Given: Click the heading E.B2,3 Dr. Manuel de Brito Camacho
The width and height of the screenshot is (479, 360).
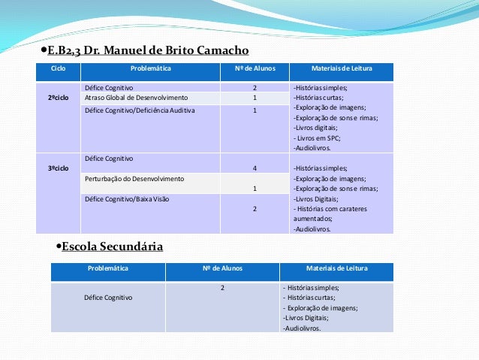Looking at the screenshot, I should pos(147,50).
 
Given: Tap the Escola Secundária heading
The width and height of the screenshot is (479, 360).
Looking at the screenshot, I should pos(112,246).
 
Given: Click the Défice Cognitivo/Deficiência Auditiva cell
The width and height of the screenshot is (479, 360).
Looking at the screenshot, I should pos(140,110).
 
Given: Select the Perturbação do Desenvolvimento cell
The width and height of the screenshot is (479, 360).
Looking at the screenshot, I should pos(134,179).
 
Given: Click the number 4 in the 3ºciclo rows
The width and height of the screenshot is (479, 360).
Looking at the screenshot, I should pos(255,168).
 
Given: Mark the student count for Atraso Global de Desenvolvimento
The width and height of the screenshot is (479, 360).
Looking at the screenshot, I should pos(255,98).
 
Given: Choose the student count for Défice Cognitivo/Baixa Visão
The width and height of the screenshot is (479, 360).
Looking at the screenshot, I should pos(255,208).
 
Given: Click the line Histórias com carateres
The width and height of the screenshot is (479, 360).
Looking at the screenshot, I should pos(331,208).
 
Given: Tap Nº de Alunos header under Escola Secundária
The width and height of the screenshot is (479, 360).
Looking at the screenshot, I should pos(222,268).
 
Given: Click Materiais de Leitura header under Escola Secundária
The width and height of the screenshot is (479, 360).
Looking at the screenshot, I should pos(336,268).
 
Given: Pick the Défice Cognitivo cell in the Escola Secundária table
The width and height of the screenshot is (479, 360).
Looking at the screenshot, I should pos(109,298).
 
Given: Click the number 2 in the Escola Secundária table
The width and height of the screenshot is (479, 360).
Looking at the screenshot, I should pos(222,288).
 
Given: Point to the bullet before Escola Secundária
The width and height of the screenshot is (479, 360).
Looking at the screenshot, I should pos(59,247).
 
